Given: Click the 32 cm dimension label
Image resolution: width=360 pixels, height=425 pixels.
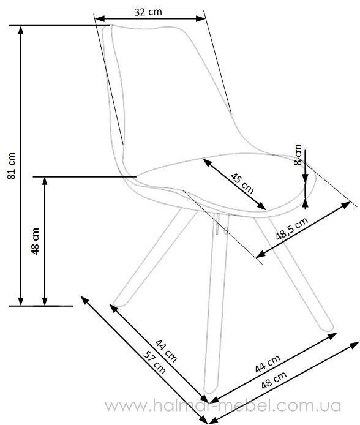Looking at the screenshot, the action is [x=148, y=12].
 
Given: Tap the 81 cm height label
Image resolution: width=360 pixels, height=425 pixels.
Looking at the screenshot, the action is [x=12, y=166].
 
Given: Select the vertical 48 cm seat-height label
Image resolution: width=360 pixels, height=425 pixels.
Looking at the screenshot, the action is [x=36, y=241].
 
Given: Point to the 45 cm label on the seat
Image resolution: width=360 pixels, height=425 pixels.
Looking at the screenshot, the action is [x=242, y=184].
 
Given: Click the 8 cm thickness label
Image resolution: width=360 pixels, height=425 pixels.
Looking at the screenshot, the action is [x=298, y=154].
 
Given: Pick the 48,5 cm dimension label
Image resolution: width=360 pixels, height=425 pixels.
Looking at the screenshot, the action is [x=292, y=228].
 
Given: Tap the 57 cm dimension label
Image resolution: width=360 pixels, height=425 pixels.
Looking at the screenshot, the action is [x=154, y=363].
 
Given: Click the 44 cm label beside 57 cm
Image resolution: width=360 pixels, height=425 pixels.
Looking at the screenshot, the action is [x=166, y=351].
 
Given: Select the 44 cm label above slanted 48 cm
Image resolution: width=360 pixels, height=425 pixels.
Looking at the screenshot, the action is [x=268, y=364].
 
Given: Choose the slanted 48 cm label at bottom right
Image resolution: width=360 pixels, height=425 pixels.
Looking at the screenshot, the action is [x=274, y=380].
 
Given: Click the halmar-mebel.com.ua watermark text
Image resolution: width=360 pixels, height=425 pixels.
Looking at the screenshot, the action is [x=223, y=406].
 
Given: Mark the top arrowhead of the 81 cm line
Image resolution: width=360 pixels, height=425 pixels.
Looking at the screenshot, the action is [x=21, y=29].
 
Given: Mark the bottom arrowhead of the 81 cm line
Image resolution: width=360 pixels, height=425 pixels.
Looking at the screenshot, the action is [x=21, y=302].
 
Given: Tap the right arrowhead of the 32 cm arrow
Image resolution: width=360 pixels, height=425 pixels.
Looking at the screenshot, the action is [x=201, y=19].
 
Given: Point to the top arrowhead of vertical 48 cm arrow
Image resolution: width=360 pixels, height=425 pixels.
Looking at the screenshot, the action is [x=45, y=181].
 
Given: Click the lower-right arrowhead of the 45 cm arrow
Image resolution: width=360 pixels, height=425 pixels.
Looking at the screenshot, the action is [x=263, y=206].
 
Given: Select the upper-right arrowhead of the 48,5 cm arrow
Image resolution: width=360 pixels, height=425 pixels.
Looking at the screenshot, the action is [x=346, y=205].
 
